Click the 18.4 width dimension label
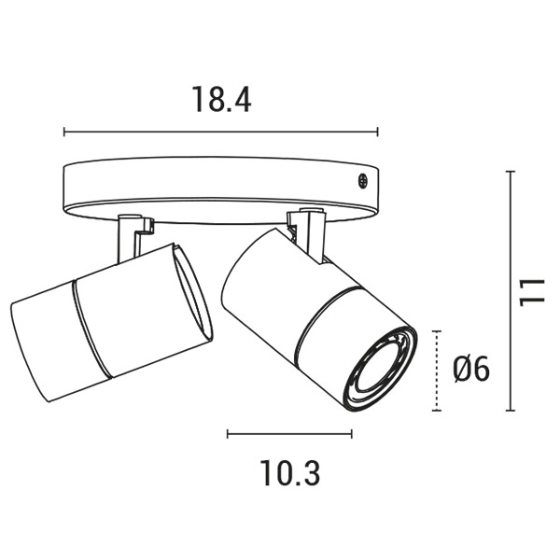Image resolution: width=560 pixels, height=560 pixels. pyautogui.click(x=221, y=99)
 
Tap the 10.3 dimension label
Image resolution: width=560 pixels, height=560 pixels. pyautogui.click(x=289, y=472)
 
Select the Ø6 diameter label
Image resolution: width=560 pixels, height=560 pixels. pyautogui.click(x=471, y=370)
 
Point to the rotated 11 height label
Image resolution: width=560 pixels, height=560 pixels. pyautogui.click(x=532, y=292)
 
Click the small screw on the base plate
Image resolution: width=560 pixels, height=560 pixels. pyautogui.click(x=362, y=180)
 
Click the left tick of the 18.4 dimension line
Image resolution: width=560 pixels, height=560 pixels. pyautogui.click(x=64, y=132)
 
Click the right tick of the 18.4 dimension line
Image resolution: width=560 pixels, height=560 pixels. pyautogui.click(x=377, y=132)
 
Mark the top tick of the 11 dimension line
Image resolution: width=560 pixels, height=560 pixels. pyautogui.click(x=511, y=172)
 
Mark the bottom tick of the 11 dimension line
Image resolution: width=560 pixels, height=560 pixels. pyautogui.click(x=511, y=411)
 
